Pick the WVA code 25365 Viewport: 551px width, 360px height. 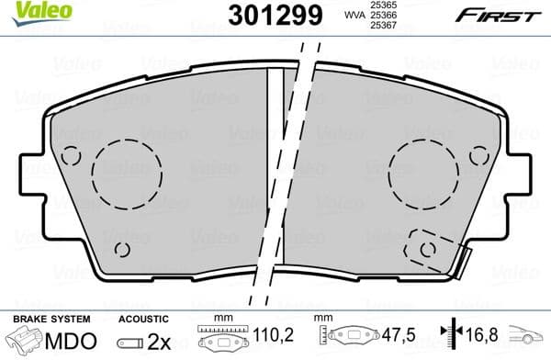(383, 5)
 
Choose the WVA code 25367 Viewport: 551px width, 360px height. (383, 26)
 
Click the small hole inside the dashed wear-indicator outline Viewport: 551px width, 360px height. (425, 248)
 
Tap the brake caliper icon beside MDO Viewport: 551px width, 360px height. (22, 341)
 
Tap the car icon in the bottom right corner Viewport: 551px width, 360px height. (529, 339)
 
